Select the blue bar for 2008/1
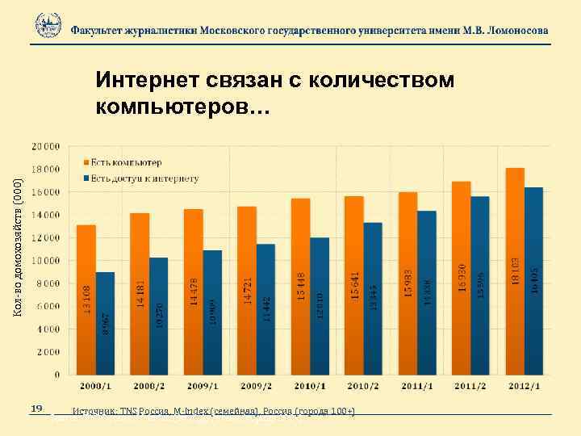(x=106, y=323)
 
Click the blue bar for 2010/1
(x=320, y=306)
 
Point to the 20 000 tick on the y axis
(x=45, y=147)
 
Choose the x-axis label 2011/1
(x=416, y=386)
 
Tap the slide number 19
(x=36, y=409)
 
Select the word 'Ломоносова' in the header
(x=513, y=30)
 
